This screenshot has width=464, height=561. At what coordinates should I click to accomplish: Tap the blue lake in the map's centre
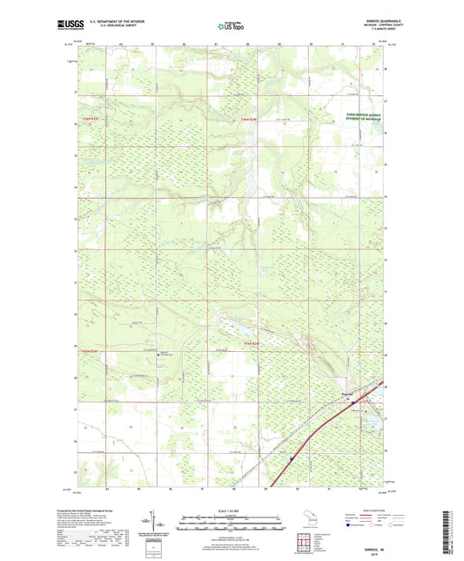point(236,328)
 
